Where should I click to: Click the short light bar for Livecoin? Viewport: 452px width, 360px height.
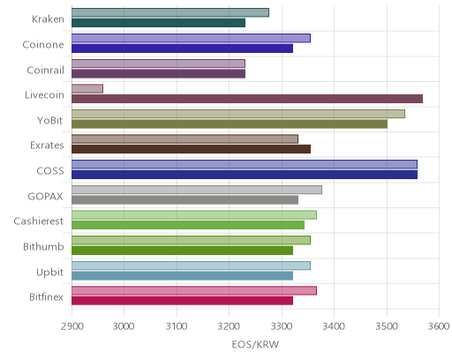pos(87,88)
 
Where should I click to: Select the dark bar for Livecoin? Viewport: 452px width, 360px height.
pos(247,99)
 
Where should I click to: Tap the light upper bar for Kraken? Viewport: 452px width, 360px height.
pos(170,12)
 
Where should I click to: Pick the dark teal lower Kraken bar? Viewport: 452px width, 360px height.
pos(158,23)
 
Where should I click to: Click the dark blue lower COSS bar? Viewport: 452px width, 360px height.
pos(245,175)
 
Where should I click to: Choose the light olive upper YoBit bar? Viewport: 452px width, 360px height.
pos(238,114)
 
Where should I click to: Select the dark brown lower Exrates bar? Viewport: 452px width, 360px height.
pos(191,149)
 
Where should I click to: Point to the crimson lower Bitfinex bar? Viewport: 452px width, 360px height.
pos(182,301)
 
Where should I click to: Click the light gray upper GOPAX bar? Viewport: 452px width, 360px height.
pos(197,190)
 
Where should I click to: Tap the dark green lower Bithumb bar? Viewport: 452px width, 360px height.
pos(182,251)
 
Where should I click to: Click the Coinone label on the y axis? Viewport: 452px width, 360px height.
pos(43,45)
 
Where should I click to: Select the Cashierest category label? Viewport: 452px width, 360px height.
pos(39,221)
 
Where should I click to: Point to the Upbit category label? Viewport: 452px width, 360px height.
pos(49,273)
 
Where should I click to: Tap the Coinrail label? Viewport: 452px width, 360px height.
pos(45,70)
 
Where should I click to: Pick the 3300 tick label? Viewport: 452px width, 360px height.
pos(282,326)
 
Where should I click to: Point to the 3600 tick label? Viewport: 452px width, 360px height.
pos(439,326)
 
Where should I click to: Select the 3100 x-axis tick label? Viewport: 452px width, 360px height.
pos(177,326)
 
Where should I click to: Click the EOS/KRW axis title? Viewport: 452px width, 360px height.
pos(255,344)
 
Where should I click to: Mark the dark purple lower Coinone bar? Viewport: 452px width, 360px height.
pos(182,49)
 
